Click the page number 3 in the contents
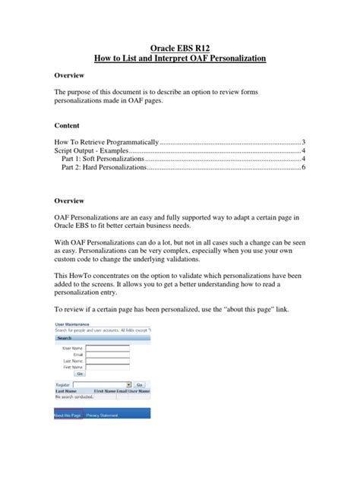(303, 142)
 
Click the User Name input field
(107, 348)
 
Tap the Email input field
(107, 355)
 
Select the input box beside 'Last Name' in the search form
(107, 362)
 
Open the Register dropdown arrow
(129, 385)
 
